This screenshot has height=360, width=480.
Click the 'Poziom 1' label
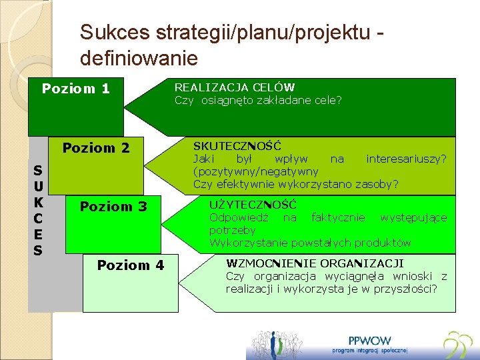75,89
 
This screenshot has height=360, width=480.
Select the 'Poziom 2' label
95,147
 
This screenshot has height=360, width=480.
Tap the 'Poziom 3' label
113,206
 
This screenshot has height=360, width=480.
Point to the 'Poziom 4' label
130,265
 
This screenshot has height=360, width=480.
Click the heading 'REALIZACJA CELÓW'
234,87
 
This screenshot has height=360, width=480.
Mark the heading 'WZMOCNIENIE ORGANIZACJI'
315,263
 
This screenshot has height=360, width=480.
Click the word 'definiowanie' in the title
139,59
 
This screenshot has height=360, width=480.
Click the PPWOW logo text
369,340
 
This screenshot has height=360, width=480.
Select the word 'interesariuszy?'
406,159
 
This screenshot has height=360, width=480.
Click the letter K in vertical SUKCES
38,202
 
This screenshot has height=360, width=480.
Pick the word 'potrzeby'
232,230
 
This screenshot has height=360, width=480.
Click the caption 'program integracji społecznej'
370,351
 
